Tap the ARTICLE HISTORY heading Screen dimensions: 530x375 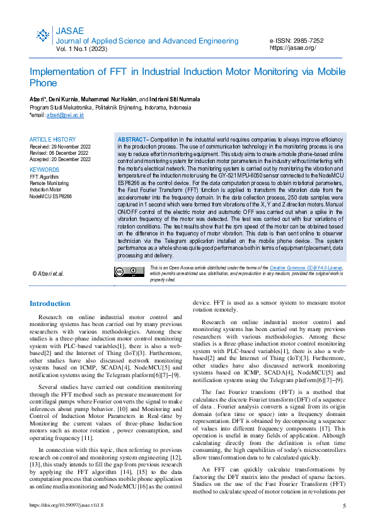[x=52, y=139]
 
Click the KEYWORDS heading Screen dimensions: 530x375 [x=45, y=170]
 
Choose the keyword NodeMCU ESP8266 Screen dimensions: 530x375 [x=51, y=196]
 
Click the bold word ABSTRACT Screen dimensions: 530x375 [x=131, y=138]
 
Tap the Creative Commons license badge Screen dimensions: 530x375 [x=129, y=272]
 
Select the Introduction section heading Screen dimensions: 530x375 [x=50, y=303]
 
